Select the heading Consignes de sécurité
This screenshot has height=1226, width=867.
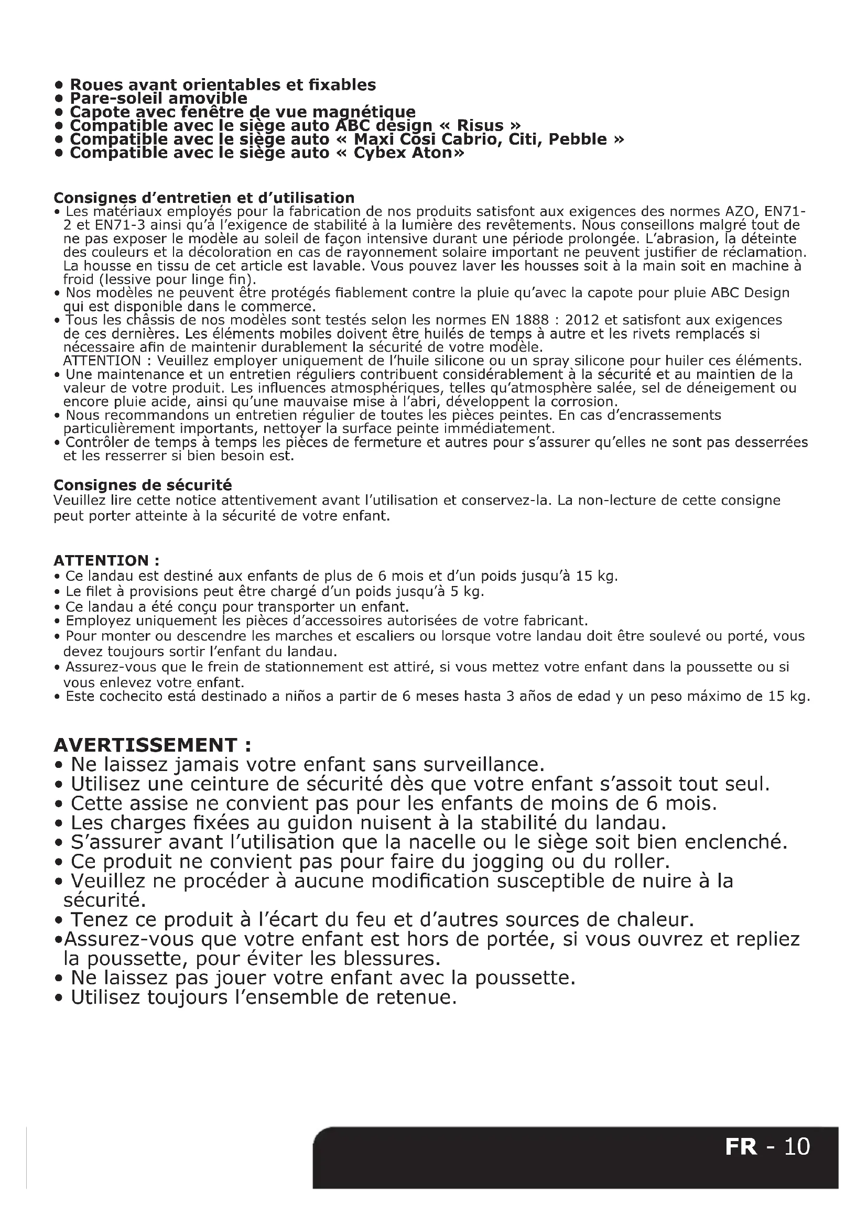pyautogui.click(x=143, y=485)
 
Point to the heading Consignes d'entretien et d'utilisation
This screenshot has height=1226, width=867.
pyautogui.click(x=204, y=198)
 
